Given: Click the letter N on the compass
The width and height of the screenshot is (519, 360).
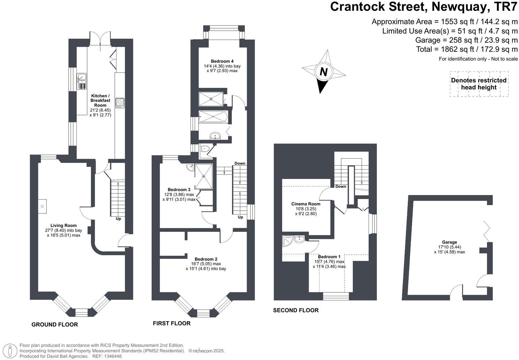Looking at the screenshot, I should click(323, 72).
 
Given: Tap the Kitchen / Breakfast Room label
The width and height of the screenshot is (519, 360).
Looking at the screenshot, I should click(100, 105).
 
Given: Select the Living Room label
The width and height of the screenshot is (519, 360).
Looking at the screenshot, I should click(63, 230).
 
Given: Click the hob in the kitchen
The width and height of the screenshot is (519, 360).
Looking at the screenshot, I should click(120, 103).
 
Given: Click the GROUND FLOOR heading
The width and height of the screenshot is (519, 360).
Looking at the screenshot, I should click(55, 324).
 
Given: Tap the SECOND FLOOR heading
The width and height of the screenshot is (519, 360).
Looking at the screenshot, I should click(296, 310).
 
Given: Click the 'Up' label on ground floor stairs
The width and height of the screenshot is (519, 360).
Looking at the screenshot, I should click(119, 219).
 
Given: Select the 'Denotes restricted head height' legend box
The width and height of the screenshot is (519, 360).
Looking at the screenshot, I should click(479, 84).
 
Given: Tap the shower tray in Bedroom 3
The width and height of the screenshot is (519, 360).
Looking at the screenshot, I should click(204, 176).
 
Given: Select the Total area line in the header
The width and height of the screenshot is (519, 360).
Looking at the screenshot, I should click(467, 49).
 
